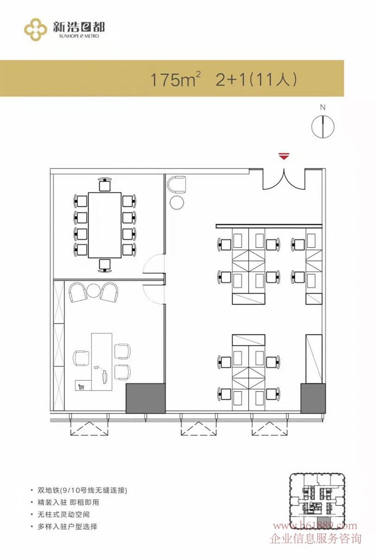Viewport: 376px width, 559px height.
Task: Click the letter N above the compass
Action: (323, 107)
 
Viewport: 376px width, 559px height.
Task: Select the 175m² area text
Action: (175, 80)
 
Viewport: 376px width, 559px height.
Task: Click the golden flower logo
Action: (36, 29)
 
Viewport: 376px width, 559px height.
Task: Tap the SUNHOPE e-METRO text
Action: (79, 36)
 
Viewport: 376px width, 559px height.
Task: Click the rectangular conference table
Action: (105, 225)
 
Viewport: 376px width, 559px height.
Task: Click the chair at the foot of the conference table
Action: (105, 266)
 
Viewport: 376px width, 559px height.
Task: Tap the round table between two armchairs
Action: (94, 291)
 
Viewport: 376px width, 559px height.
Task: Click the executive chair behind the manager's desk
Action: (81, 358)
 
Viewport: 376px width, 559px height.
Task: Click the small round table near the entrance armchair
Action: (177, 202)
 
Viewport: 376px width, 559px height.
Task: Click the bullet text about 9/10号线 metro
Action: (82, 490)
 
